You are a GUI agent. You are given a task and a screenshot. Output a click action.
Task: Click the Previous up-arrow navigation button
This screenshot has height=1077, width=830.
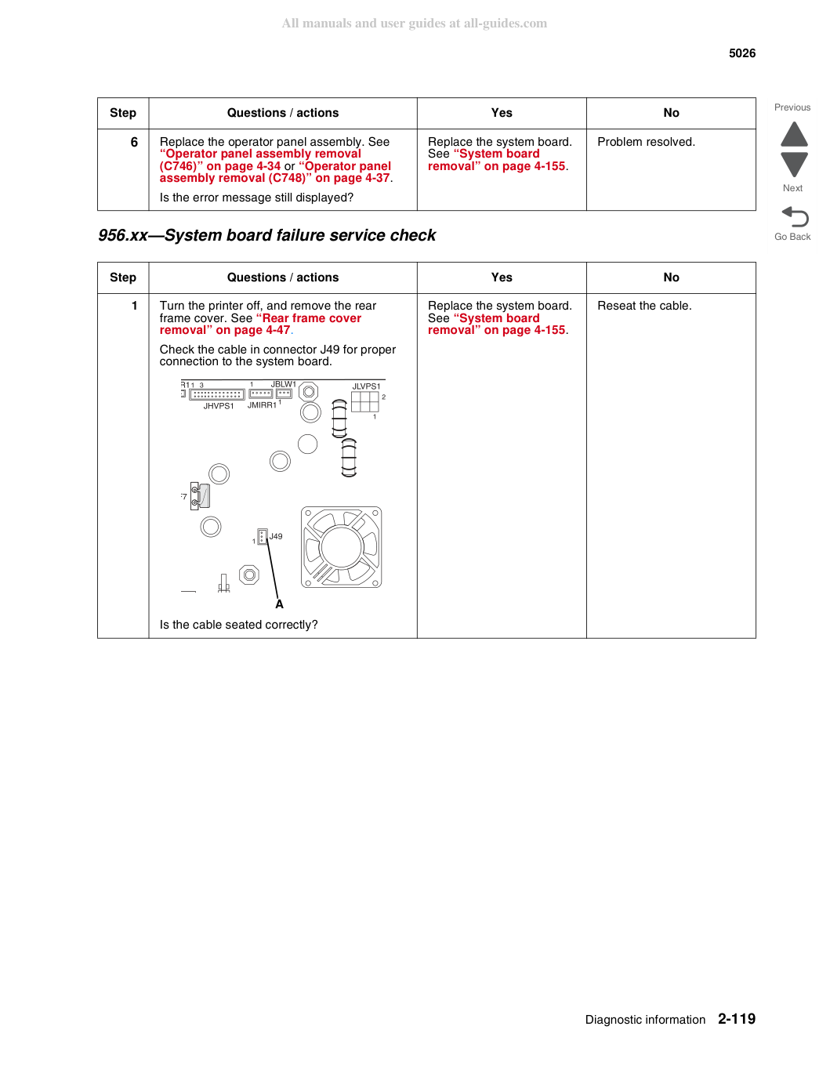794,134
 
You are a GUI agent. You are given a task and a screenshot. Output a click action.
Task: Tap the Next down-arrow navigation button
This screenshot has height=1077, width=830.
794,165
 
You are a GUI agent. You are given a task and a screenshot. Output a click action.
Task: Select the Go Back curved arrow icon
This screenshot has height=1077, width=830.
795,216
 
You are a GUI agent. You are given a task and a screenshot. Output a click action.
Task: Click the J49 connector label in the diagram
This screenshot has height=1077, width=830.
276,536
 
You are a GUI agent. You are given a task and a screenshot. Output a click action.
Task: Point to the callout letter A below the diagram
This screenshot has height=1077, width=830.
280,604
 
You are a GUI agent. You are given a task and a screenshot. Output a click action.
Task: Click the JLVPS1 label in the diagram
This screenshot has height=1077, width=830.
366,386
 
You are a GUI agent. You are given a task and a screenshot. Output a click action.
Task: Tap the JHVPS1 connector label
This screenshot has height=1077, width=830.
219,406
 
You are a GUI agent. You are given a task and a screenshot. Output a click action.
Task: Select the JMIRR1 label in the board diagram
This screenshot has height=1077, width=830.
262,405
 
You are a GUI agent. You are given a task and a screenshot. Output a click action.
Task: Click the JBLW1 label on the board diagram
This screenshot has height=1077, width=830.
284,384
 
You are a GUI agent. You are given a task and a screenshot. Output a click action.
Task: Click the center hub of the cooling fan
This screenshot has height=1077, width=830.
342,547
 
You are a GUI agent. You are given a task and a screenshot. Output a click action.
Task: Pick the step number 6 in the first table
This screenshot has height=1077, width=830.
134,142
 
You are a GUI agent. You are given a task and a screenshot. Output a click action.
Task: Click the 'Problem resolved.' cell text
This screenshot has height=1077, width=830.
646,142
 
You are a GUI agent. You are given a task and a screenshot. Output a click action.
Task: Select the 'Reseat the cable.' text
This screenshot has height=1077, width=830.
644,306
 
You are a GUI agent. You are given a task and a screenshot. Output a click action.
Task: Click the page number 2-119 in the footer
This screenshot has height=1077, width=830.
737,1018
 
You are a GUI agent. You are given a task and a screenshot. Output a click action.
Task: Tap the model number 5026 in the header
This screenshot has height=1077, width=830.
741,53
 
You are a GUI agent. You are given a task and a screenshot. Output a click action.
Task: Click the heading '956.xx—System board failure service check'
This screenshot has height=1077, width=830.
266,235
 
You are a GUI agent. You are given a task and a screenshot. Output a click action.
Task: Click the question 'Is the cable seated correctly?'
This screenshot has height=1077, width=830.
238,625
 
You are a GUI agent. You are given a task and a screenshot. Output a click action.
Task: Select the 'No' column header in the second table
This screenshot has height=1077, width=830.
671,277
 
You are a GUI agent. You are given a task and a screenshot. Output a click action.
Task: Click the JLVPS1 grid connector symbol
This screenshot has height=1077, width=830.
364,402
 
